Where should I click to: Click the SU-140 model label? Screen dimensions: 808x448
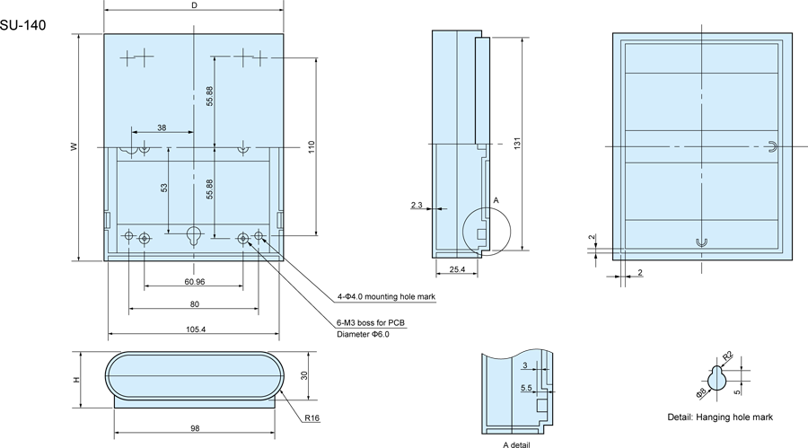coord(22,25)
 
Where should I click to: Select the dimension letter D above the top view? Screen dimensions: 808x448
coord(194,5)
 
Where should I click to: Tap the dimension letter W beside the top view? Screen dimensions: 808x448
coord(75,146)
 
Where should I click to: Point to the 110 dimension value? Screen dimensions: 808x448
coord(311,147)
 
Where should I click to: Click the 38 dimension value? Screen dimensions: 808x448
coord(162,127)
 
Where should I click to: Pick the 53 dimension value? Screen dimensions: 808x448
coord(164,188)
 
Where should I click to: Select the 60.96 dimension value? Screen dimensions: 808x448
coord(194,282)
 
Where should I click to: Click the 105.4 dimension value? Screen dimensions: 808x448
coord(196,329)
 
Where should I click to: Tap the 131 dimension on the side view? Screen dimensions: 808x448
coord(517,144)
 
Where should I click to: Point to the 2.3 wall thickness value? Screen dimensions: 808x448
coord(417,206)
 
